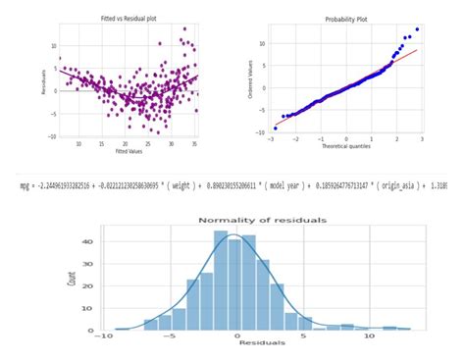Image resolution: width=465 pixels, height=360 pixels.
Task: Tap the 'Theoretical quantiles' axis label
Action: click(x=347, y=147)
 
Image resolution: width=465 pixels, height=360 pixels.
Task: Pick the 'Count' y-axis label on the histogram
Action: click(x=72, y=278)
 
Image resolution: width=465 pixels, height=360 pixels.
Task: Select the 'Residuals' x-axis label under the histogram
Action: click(x=262, y=342)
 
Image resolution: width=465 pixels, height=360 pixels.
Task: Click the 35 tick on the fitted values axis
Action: click(x=195, y=143)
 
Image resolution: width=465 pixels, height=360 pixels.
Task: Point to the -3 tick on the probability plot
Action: click(x=272, y=139)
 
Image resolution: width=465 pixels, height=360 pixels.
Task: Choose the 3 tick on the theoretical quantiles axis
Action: click(x=421, y=139)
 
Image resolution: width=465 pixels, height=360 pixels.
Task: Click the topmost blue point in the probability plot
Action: click(x=417, y=29)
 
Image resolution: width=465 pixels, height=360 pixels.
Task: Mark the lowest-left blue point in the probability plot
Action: click(x=276, y=128)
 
